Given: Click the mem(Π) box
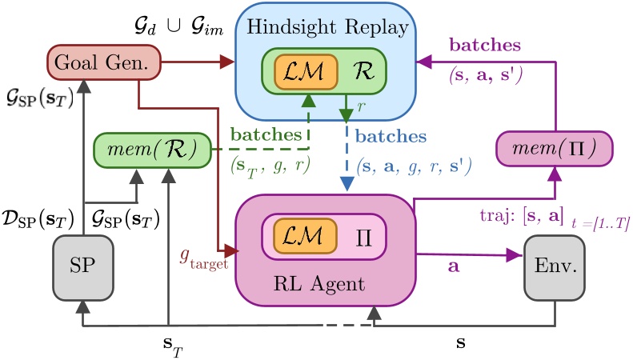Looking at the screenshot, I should [x=554, y=148].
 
